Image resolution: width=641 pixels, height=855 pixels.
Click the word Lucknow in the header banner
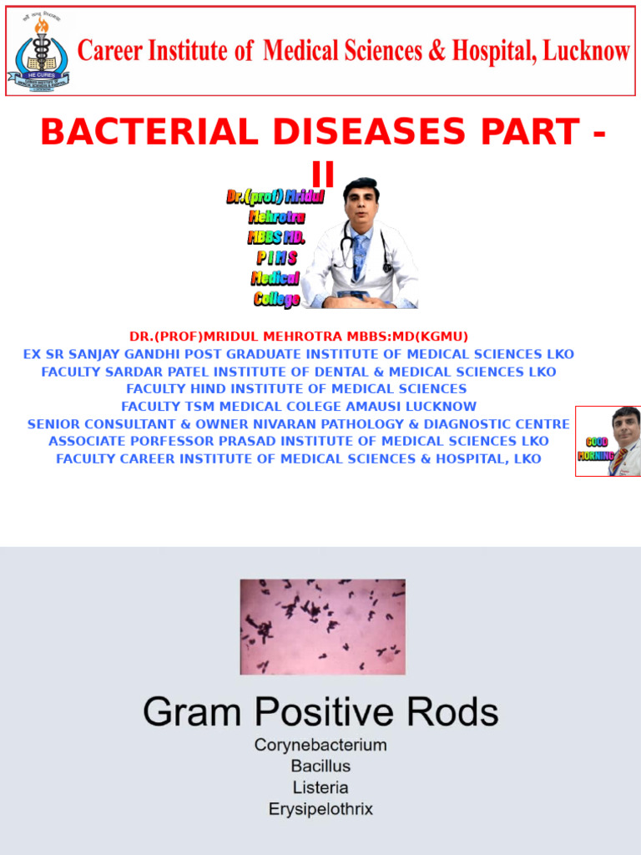[x=586, y=52]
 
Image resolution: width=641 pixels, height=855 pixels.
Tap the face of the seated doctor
[x=361, y=203]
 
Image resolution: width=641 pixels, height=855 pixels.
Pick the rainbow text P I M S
[x=277, y=258]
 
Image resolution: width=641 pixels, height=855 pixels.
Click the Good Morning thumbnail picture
[x=608, y=441]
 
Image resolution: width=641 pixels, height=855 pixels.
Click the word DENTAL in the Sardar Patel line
[x=336, y=372]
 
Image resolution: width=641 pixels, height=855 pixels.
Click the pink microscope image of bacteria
[x=322, y=627]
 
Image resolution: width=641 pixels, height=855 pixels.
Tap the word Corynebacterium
[x=320, y=745]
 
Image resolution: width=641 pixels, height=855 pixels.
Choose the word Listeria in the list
[x=320, y=787]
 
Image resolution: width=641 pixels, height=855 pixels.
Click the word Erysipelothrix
[x=320, y=809]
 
